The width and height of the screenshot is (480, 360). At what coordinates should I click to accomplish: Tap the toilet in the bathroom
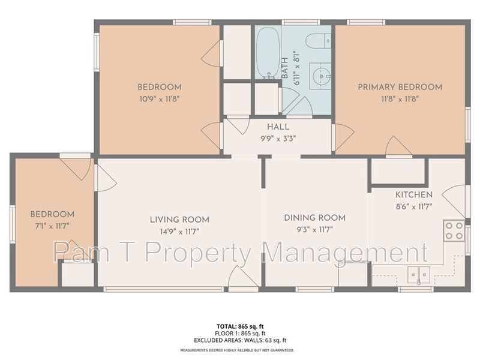[x=316, y=40]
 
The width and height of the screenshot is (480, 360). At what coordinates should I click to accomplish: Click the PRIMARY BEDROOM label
[x=400, y=87]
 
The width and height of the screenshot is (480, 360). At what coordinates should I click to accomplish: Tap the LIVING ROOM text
[x=179, y=220]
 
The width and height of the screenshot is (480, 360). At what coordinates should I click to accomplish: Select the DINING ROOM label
[x=315, y=217]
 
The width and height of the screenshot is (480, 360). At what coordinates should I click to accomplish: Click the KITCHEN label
[x=413, y=195]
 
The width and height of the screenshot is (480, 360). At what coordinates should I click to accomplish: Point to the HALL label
[x=278, y=127]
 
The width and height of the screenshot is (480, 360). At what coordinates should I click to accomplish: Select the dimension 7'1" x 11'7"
[x=52, y=226]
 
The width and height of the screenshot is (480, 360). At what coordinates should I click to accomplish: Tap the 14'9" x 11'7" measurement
[x=179, y=231]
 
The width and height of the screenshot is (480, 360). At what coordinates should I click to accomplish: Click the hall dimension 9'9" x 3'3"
[x=278, y=138]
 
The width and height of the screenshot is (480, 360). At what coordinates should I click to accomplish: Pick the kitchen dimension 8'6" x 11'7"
[x=413, y=206]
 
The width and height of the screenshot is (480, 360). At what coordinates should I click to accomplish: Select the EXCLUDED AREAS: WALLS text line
[x=239, y=340]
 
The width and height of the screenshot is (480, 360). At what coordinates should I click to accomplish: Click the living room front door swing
[x=243, y=277]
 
